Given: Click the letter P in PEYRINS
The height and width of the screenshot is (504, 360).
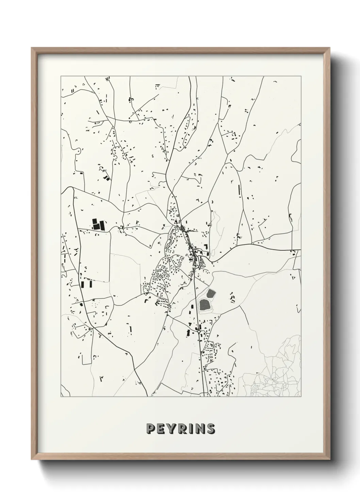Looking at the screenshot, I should pos(150,428).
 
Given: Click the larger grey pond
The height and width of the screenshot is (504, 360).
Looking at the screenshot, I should pos(205,304).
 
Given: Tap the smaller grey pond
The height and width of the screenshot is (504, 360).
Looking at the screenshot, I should pos(211,293).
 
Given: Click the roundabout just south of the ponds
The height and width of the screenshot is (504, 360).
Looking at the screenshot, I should pos(198,330).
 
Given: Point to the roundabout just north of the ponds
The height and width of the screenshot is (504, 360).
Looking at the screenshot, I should pos(195,269).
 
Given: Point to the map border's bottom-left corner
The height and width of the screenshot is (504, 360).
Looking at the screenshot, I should pos(61,397).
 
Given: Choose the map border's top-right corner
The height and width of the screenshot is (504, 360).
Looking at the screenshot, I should pos(301,76).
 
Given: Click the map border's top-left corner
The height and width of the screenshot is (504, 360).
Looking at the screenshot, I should pos(61,76).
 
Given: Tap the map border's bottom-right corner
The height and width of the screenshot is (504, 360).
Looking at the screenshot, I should pos(301,397).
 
